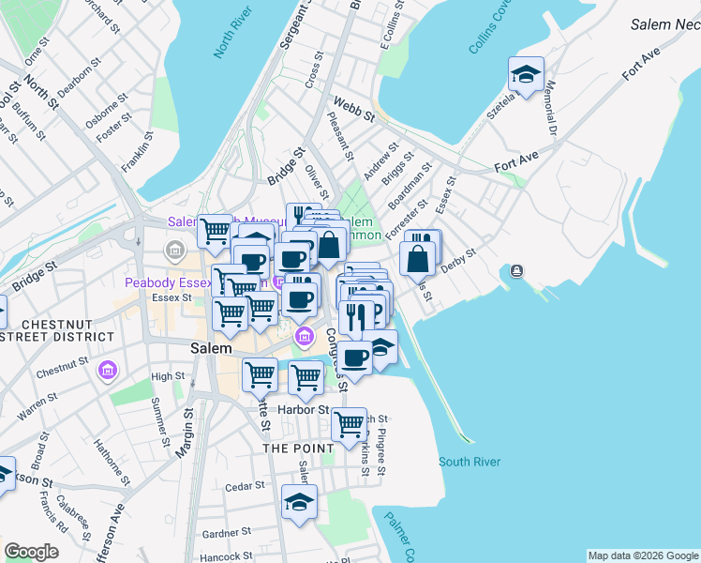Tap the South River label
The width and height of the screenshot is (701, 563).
coord(470,462)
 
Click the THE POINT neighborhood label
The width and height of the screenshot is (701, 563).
coord(298,449)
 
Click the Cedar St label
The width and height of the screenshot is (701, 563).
coord(246,487)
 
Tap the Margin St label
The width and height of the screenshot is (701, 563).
coord(183,433)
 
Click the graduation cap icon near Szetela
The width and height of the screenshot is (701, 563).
coord(526,74)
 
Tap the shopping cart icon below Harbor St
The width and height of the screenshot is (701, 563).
coord(350,423)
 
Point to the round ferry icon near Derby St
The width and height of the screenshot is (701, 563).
coord(517,271)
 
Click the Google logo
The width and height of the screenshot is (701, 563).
coord(32,552)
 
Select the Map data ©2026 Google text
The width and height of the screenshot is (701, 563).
coord(643,555)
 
